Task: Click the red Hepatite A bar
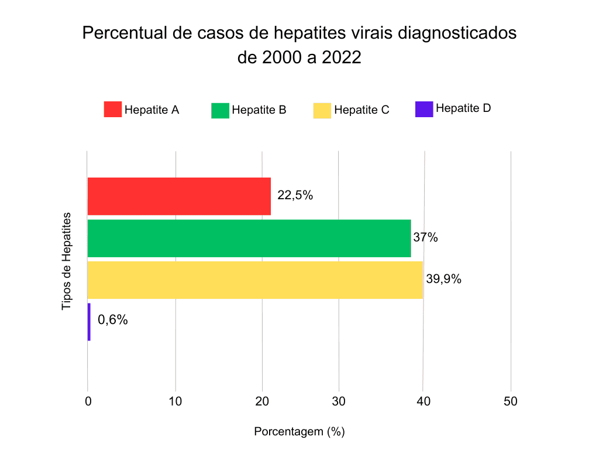click(x=179, y=196)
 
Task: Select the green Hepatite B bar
click(x=249, y=238)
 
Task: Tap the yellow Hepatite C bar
click(x=254, y=280)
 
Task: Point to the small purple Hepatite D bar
click(x=89, y=322)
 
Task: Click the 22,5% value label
click(x=295, y=195)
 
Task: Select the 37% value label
click(x=425, y=237)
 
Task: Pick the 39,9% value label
click(x=443, y=279)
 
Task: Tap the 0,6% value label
click(x=112, y=320)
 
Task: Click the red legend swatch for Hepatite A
click(x=113, y=110)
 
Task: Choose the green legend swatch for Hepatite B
click(x=220, y=110)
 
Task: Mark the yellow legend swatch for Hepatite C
click(x=322, y=110)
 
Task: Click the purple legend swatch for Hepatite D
click(x=424, y=109)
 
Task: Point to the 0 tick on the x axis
click(x=88, y=401)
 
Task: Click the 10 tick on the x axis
click(x=175, y=401)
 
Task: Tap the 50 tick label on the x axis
click(x=511, y=401)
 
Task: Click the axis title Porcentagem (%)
click(x=299, y=432)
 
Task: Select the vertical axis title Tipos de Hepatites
click(x=67, y=261)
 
